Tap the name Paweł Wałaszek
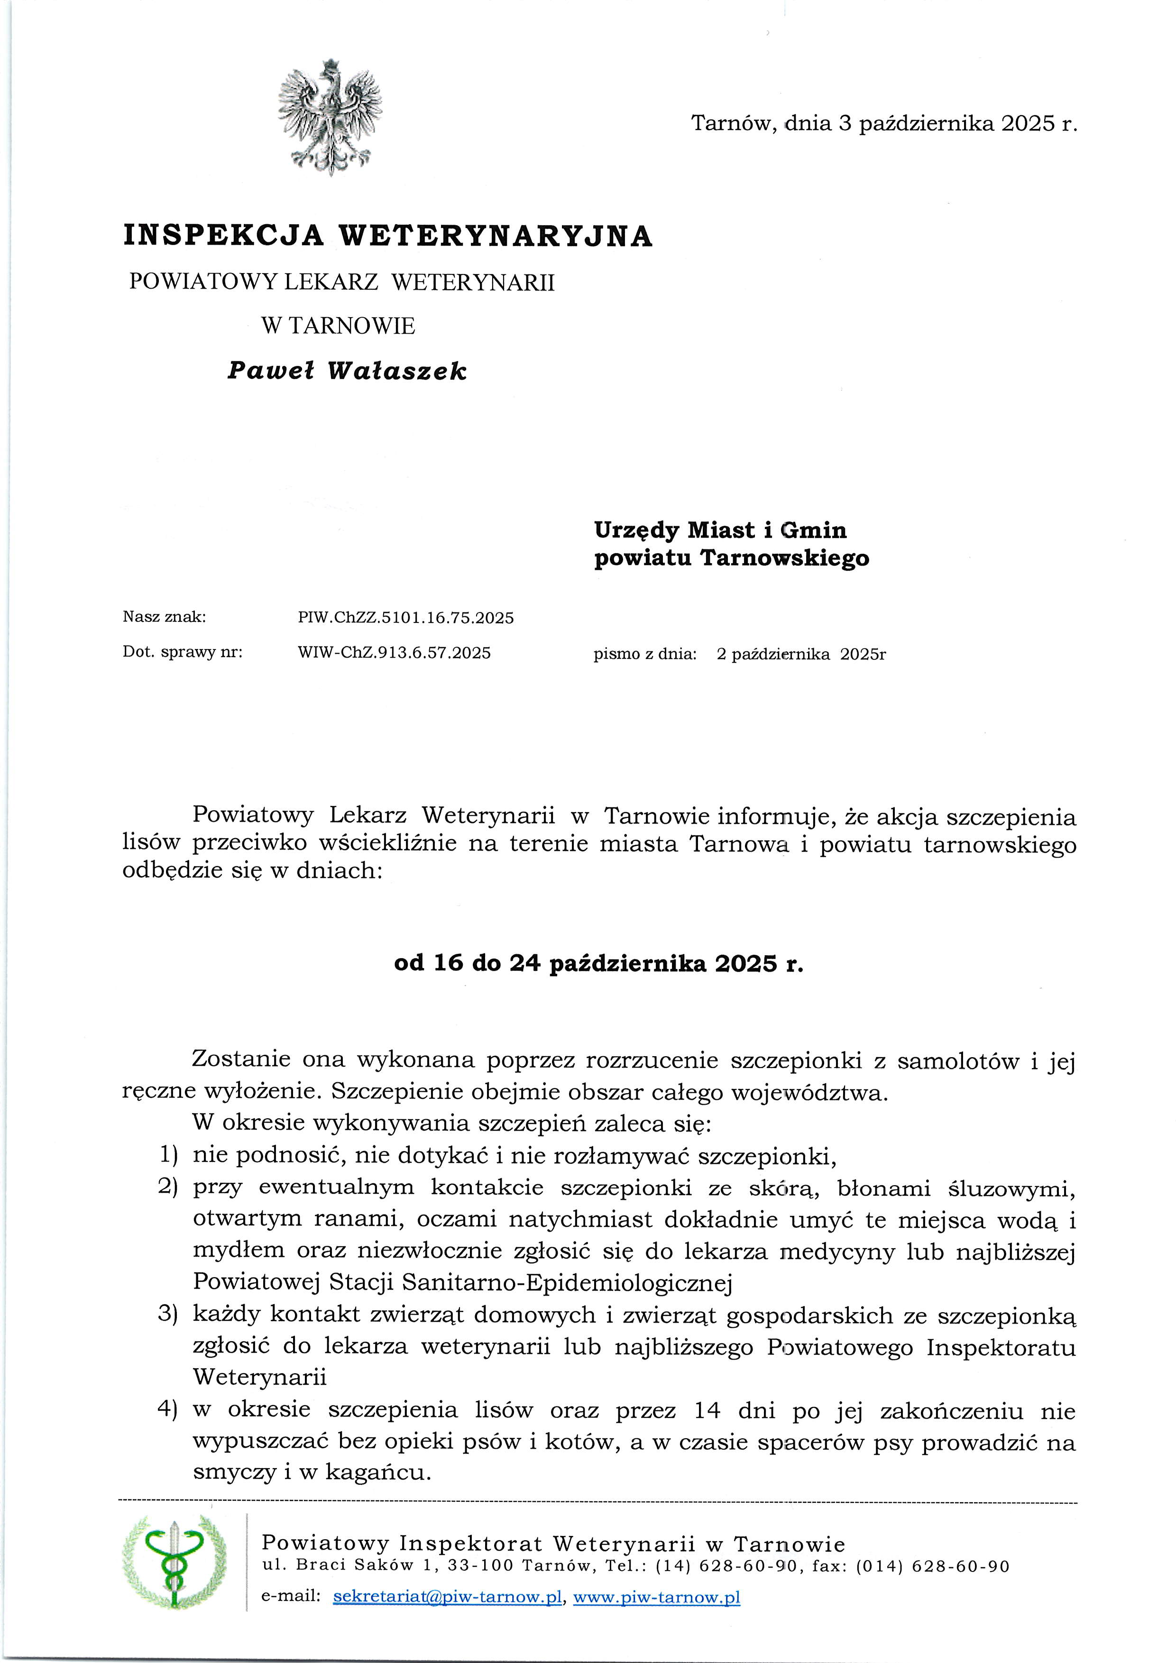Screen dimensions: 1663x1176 click(x=347, y=371)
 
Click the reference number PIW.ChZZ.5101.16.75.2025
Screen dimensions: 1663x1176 click(x=406, y=618)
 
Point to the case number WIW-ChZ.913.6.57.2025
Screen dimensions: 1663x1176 click(x=394, y=653)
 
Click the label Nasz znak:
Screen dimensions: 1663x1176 click(x=165, y=617)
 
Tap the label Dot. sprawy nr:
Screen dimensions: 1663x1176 click(x=183, y=652)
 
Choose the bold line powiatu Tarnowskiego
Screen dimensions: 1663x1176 click(x=731, y=558)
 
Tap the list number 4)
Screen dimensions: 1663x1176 click(x=168, y=1409)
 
